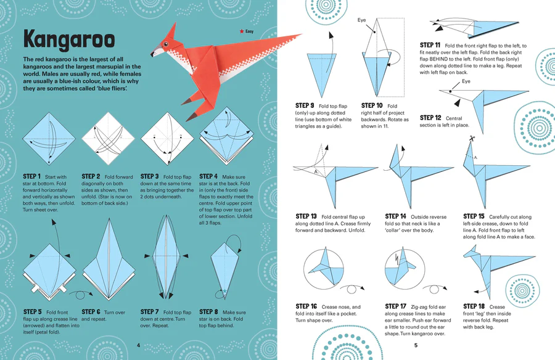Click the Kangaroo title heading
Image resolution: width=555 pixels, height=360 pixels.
(x=69, y=39)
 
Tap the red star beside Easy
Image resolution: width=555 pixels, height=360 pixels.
(x=242, y=31)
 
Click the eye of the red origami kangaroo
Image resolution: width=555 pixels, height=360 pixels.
(x=165, y=44)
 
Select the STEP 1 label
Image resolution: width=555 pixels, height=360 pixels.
(x=32, y=176)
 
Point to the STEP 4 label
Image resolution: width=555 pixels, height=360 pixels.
(x=208, y=176)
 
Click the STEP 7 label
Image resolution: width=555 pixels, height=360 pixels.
(x=150, y=312)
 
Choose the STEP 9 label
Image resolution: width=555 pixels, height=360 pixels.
(x=305, y=105)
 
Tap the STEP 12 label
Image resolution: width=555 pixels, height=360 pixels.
(x=430, y=118)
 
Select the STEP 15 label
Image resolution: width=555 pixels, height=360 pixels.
(x=474, y=216)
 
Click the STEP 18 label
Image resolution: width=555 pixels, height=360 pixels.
(x=474, y=306)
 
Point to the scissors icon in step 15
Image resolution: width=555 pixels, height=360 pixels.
(x=472, y=138)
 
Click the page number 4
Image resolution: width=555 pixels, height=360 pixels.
(x=138, y=345)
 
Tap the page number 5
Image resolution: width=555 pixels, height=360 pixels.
(x=416, y=345)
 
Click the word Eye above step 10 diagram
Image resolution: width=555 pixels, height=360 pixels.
(x=361, y=20)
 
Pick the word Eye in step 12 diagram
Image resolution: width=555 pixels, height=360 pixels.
(x=466, y=81)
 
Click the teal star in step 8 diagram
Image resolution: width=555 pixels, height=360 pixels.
(x=224, y=292)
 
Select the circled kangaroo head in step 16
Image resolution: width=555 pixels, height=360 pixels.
(x=324, y=269)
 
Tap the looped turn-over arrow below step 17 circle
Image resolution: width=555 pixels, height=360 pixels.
(x=435, y=288)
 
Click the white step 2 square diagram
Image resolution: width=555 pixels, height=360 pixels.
(x=109, y=139)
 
